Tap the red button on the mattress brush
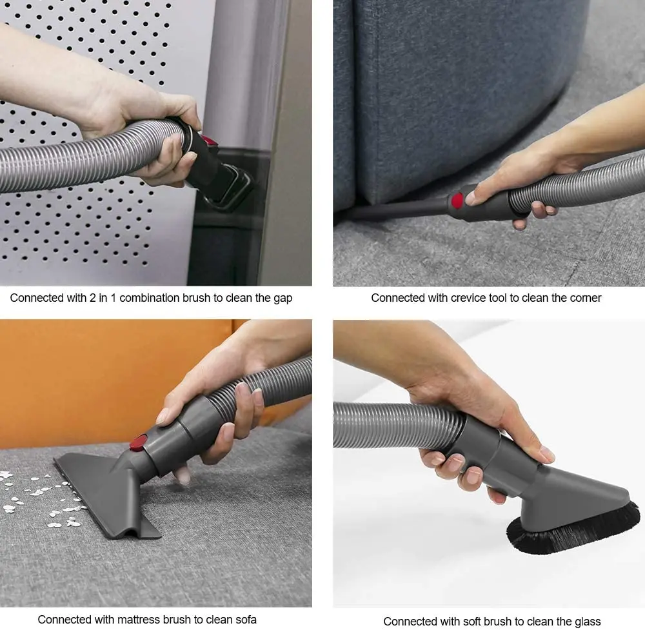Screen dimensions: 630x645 (x=139, y=442)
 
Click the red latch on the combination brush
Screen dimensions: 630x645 (x=208, y=140)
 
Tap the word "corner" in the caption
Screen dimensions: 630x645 (x=584, y=298)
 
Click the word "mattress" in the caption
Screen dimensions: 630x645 (x=138, y=620)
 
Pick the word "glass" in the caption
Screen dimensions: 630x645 (x=587, y=622)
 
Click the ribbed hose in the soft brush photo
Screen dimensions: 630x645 (x=393, y=426)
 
